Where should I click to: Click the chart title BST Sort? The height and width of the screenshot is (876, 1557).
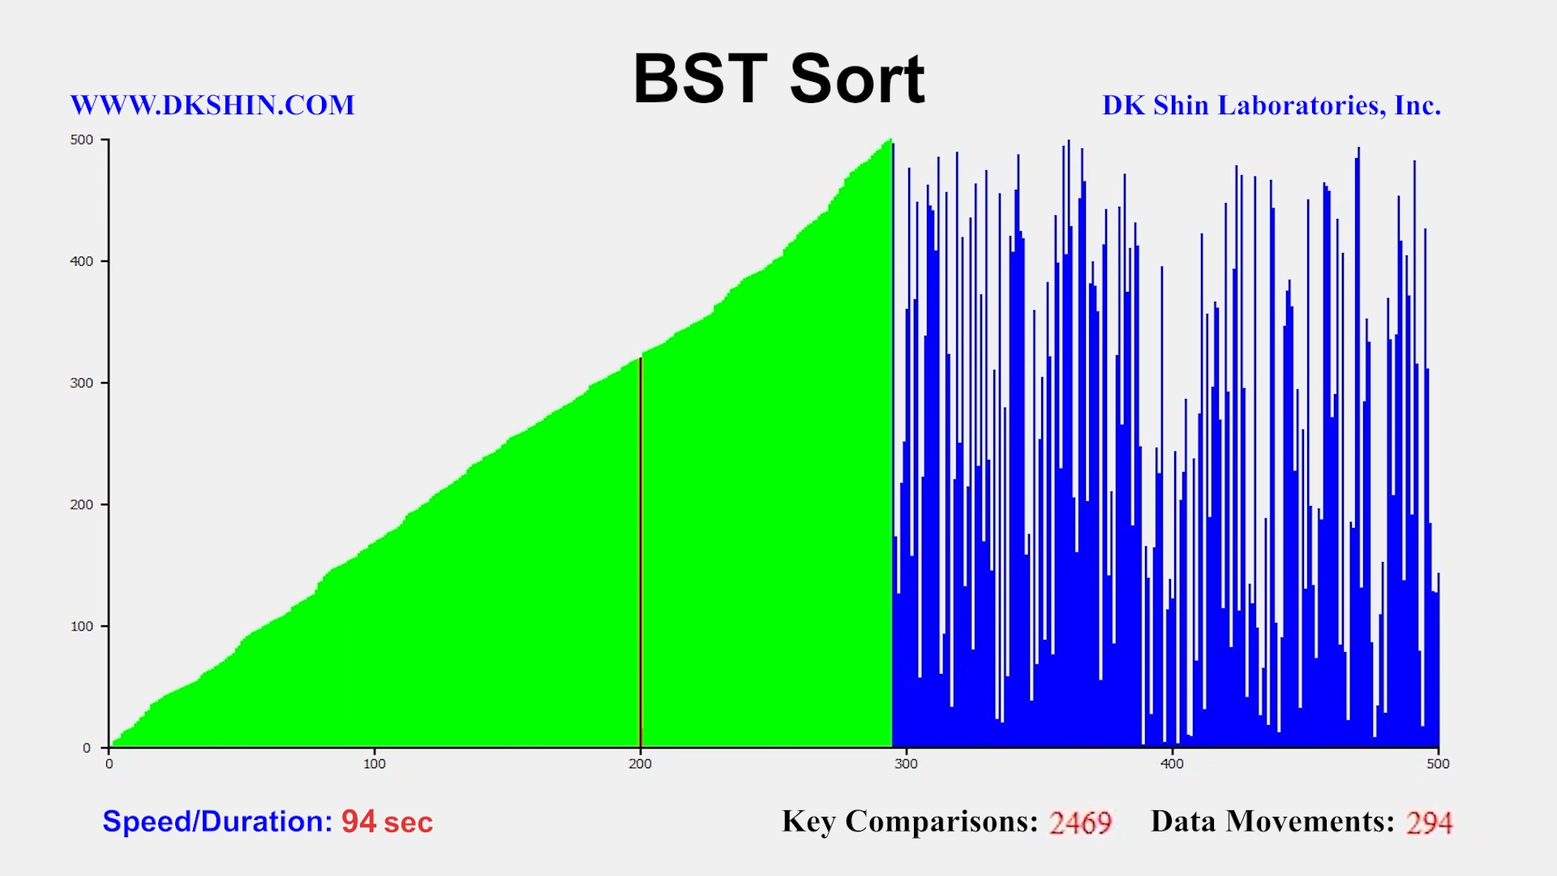click(778, 79)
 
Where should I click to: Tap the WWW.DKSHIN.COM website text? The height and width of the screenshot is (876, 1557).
click(212, 105)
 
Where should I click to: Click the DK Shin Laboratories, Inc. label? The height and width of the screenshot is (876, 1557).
click(1272, 105)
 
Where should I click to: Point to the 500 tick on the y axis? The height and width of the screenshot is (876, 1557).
click(82, 140)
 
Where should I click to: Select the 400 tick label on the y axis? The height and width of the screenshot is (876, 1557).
click(82, 261)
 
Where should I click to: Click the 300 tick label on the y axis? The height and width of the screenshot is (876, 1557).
click(82, 383)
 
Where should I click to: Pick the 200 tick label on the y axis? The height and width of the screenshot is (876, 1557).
click(82, 505)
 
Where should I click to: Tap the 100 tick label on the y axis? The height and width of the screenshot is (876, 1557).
click(82, 626)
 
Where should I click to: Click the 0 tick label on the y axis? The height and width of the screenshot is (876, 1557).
click(87, 748)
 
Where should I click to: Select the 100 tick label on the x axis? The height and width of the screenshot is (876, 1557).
click(375, 763)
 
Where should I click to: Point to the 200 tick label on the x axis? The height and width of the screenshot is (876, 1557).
click(641, 763)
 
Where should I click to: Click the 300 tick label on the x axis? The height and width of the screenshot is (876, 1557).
click(906, 763)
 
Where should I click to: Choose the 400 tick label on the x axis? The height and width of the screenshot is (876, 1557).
click(1172, 763)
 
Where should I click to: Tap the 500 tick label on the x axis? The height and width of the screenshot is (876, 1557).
click(1438, 763)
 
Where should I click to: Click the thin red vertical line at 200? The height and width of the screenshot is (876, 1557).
click(641, 552)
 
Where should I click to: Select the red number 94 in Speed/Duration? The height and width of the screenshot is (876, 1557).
click(358, 822)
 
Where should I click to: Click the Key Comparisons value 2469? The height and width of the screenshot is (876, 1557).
click(1080, 822)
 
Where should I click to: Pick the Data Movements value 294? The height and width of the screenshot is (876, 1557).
click(1430, 822)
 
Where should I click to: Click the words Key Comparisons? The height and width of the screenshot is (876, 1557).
click(910, 822)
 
